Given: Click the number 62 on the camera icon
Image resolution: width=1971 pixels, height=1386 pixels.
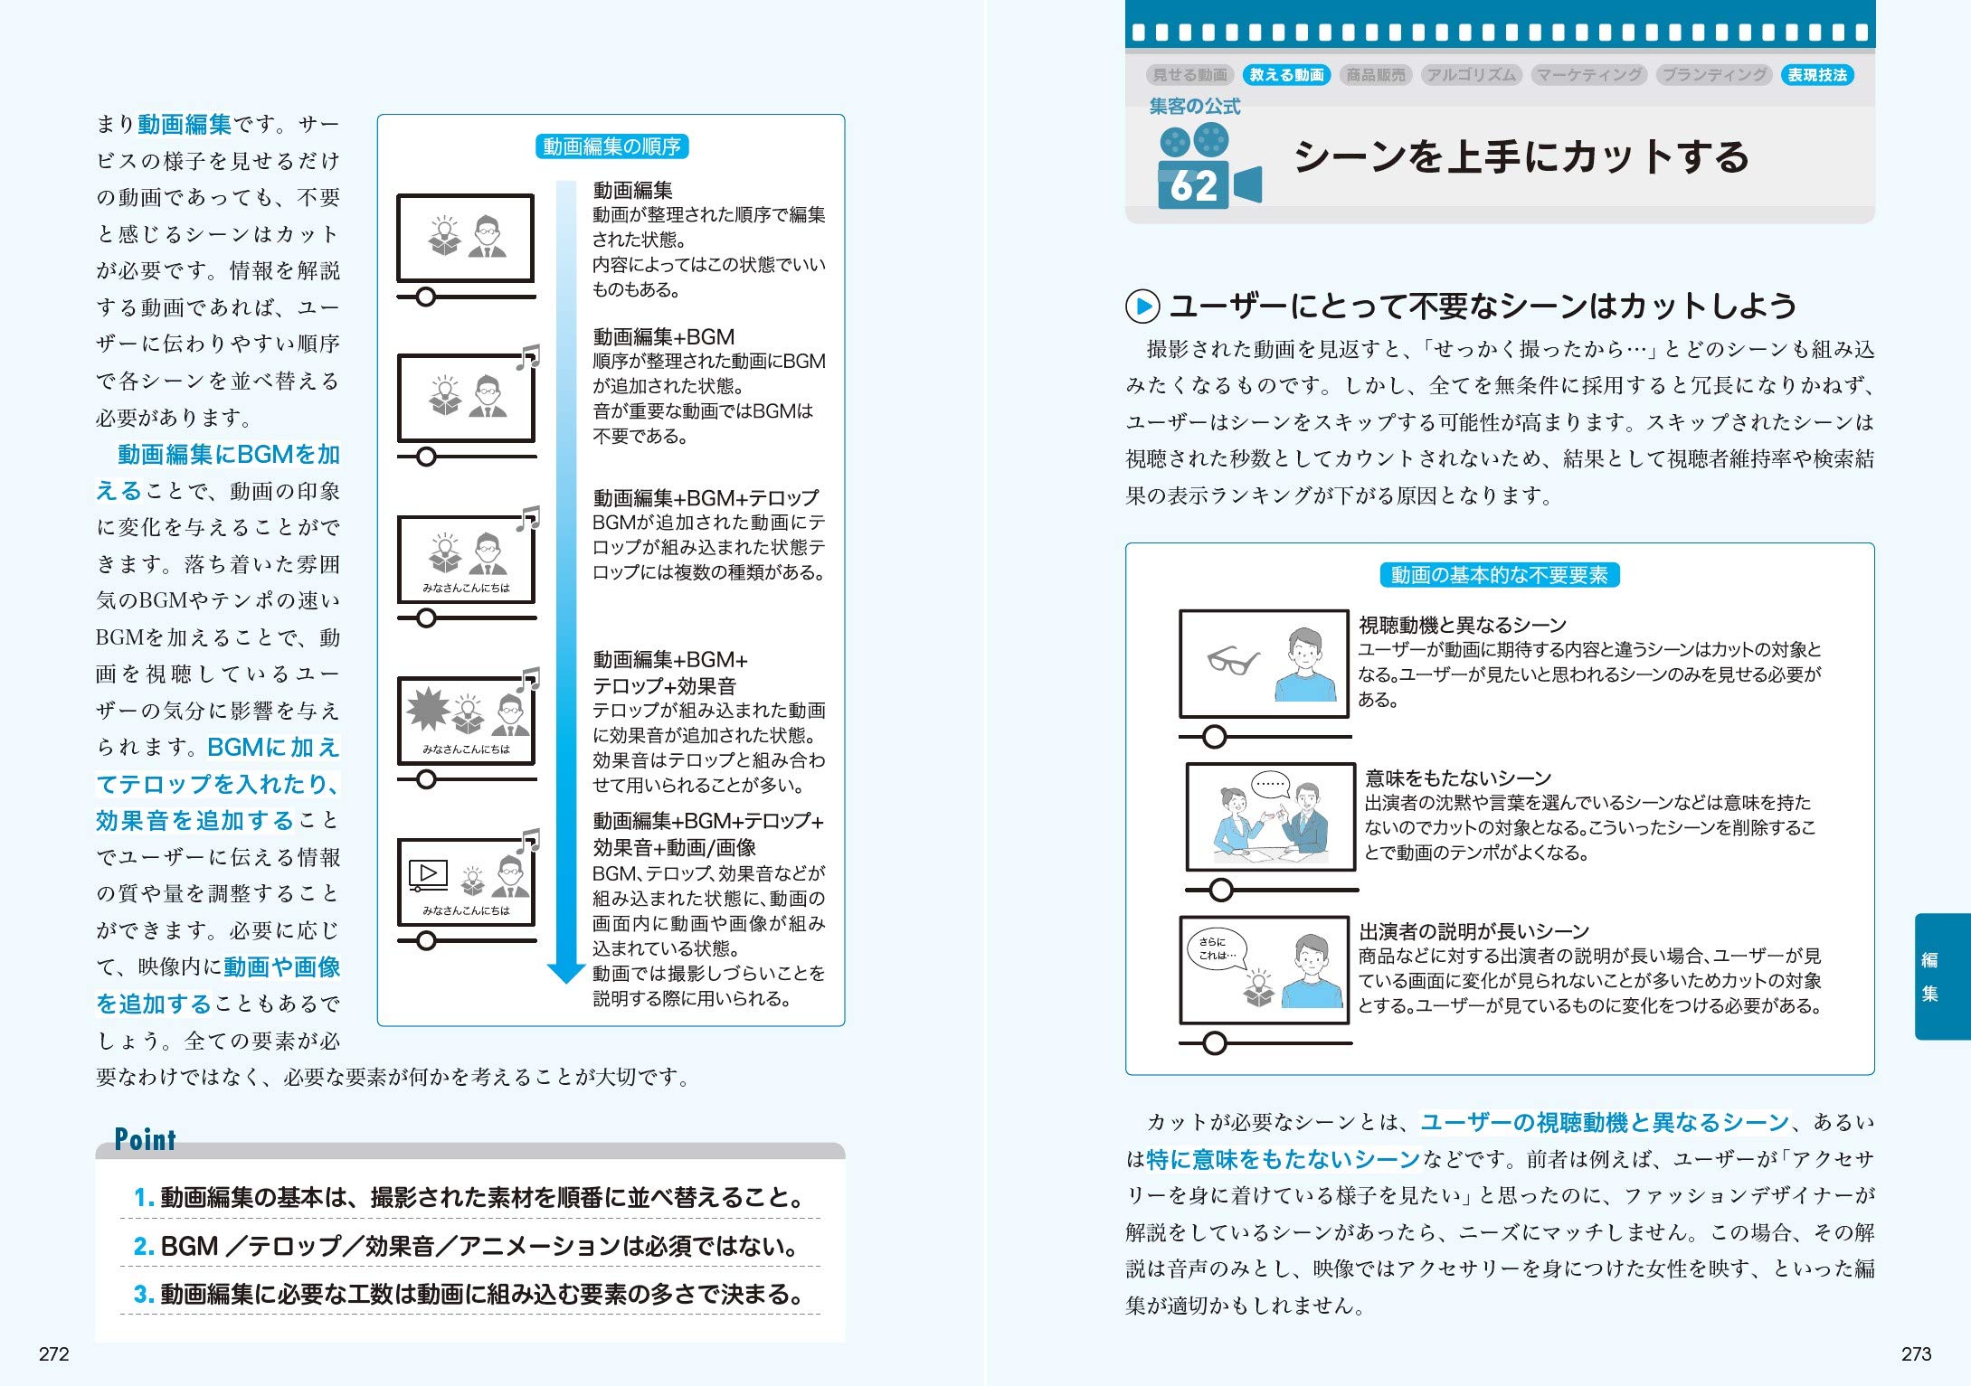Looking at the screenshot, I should click(1193, 186).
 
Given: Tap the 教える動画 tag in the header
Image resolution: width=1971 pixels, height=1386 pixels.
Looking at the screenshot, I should click(1286, 75).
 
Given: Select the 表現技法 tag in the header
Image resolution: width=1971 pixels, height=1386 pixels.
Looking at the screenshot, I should click(1817, 75).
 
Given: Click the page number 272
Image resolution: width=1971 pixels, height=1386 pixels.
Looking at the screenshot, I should click(54, 1353).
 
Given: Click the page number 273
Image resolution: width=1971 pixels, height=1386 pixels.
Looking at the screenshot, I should click(1916, 1353).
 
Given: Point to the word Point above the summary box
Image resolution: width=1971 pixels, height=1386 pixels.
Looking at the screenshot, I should click(145, 1139).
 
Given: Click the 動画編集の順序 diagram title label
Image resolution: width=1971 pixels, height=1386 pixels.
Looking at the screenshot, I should click(611, 146).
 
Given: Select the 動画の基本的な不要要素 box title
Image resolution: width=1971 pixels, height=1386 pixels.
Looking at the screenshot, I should click(1499, 575).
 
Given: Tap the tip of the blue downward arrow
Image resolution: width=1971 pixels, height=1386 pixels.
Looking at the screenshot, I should click(566, 979).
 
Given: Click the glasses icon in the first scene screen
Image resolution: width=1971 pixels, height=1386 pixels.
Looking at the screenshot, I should click(1233, 661).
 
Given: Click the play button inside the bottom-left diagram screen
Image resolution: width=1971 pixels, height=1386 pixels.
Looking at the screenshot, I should click(428, 873).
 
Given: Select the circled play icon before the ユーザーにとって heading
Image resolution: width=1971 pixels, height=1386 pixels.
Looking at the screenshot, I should click(1142, 306).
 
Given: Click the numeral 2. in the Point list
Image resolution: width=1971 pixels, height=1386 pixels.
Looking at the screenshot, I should click(144, 1246).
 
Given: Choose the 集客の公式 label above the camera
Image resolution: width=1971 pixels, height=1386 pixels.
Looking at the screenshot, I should click(1194, 106).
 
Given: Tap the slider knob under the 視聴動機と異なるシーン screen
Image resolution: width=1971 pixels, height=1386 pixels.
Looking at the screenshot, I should click(1214, 737).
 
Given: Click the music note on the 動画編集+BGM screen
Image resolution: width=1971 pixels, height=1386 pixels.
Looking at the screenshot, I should click(528, 358).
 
